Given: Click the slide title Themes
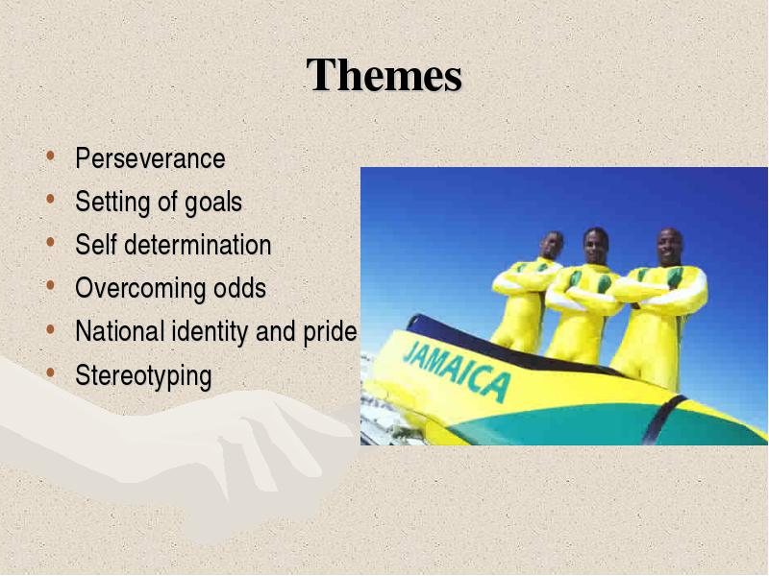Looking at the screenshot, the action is [x=384, y=75].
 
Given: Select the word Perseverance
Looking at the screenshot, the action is [x=150, y=158].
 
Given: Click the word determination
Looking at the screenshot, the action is [x=198, y=245].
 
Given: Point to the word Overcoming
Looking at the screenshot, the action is [x=140, y=289].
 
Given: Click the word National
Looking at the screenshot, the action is [x=119, y=330].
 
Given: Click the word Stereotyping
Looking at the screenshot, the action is [x=143, y=376].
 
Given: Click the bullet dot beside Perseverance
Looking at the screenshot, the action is [x=50, y=156].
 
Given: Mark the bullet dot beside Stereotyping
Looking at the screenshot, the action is [x=50, y=372].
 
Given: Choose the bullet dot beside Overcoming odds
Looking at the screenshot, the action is [x=50, y=285].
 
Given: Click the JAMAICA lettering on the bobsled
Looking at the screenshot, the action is [x=456, y=371].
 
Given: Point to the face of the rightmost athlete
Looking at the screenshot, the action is [x=669, y=247].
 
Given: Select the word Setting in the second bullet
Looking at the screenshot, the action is [x=112, y=203].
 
